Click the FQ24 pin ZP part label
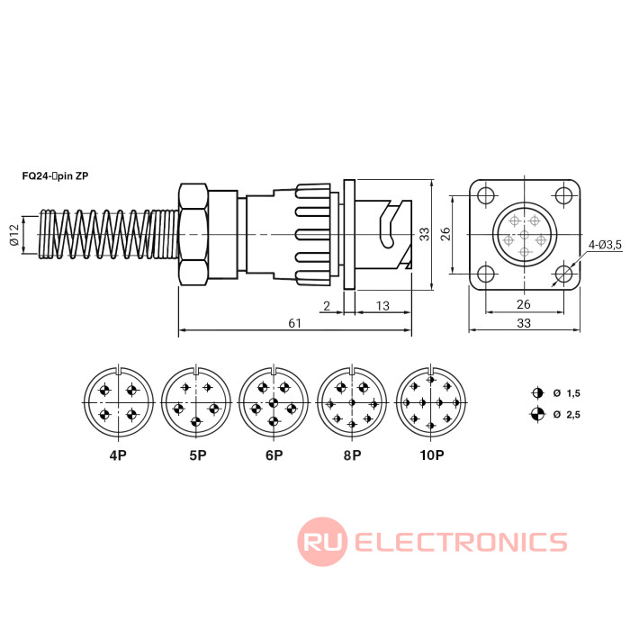tap(55, 176)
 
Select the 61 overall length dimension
tap(294, 322)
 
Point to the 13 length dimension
tap(382, 306)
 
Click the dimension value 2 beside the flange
tap(326, 306)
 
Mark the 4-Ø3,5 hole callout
tap(606, 245)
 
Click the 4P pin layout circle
tap(117, 402)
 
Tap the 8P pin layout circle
tap(352, 402)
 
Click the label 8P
tap(352, 455)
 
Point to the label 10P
tap(431, 455)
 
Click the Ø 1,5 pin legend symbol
tap(537, 393)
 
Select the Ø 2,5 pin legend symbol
tap(537, 414)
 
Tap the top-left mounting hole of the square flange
tap(486, 195)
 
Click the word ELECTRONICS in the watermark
tap(461, 542)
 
